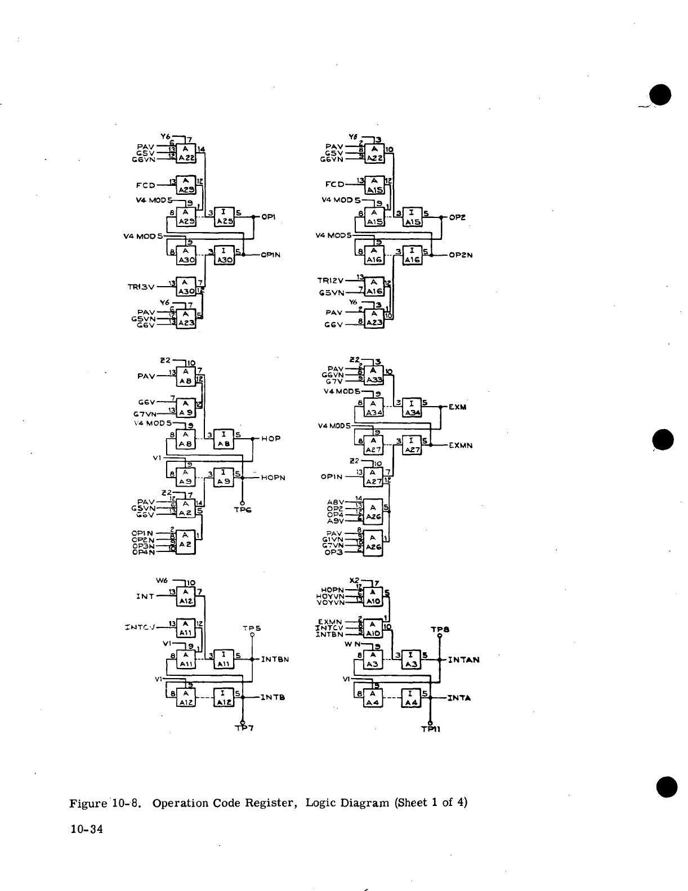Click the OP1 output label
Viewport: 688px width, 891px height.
click(267, 217)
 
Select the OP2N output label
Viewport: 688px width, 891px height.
click(461, 255)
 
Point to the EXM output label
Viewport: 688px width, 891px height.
click(458, 407)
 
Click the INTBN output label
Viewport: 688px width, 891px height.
click(275, 659)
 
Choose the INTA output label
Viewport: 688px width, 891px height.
click(459, 698)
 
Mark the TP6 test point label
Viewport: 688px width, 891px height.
click(243, 509)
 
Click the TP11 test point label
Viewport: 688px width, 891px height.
click(431, 729)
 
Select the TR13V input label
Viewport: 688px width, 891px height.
click(141, 287)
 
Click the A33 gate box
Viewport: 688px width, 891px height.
click(373, 374)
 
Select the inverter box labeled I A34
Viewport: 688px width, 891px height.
click(412, 408)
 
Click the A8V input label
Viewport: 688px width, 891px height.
click(336, 502)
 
